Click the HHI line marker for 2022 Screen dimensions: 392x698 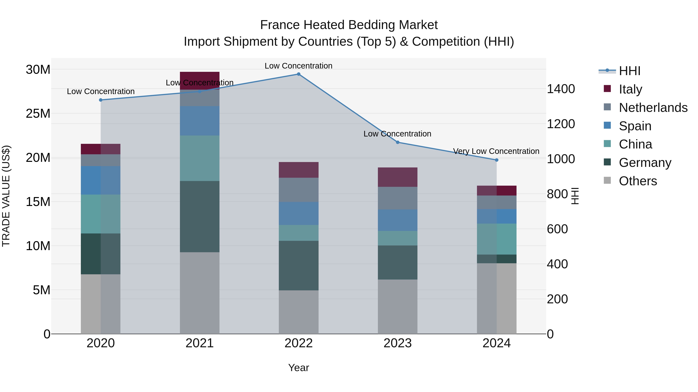299,74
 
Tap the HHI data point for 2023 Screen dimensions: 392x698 397,142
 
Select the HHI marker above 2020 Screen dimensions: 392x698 101,100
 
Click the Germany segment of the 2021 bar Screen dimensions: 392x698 200,216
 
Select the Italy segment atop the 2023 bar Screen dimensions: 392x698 397,177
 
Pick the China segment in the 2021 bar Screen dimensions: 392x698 200,158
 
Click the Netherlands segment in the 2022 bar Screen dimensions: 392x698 299,190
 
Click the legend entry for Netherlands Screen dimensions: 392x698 653,108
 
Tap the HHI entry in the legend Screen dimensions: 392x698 629,71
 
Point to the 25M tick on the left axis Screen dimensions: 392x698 38,114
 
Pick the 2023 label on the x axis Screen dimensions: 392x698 397,343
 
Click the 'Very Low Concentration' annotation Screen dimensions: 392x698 496,151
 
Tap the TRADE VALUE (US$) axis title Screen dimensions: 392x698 6,196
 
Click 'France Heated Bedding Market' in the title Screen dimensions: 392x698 349,25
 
